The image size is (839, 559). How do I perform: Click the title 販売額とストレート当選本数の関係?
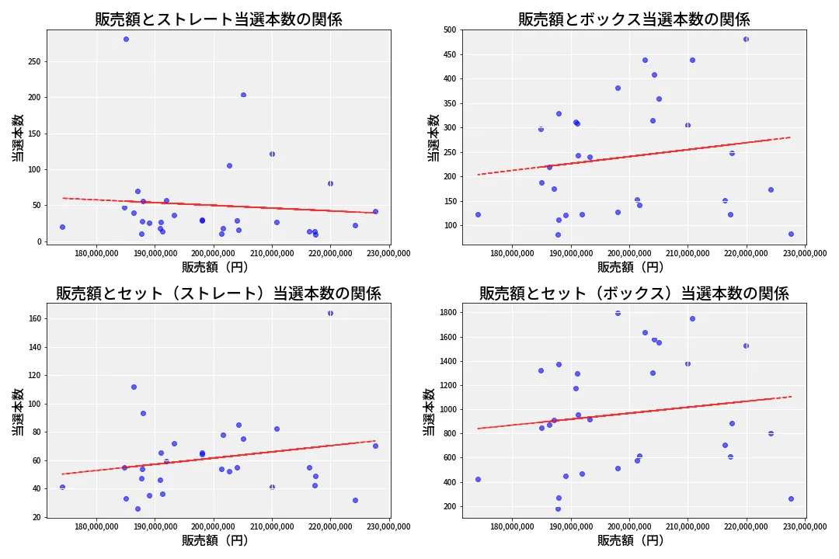218,19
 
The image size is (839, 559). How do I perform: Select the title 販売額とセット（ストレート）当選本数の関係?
218,293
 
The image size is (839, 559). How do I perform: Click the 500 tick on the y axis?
449,30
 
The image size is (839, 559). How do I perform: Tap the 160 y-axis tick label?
33,318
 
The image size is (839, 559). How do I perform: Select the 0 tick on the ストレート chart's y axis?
38,241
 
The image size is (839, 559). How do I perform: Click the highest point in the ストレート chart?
126,39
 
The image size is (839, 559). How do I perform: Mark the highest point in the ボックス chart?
746,39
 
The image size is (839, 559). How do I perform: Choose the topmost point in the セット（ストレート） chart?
330,313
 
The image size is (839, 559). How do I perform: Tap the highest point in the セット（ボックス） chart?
618,313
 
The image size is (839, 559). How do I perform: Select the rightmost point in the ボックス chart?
791,234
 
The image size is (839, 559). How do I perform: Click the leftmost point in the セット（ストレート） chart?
62,487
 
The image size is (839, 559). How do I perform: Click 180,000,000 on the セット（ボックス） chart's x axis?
512,526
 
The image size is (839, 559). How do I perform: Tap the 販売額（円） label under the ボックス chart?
630,266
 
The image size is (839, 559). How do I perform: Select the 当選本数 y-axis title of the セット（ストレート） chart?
18,411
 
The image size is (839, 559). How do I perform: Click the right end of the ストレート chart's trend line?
377,213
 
